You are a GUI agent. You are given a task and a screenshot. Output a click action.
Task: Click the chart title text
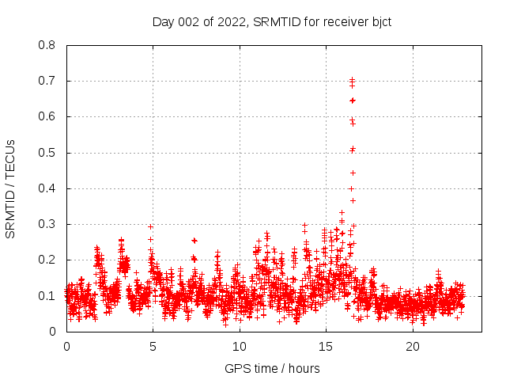pyautogui.click(x=272, y=21)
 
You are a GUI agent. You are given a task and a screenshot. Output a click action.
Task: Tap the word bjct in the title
pyautogui.click(x=379, y=21)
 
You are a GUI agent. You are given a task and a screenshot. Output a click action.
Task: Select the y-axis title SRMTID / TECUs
pyautogui.click(x=11, y=188)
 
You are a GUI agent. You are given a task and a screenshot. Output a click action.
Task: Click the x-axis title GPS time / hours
pyautogui.click(x=272, y=368)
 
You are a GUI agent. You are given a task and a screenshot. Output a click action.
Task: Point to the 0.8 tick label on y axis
pyautogui.click(x=47, y=45)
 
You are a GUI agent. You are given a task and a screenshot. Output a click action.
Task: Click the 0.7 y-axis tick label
pyautogui.click(x=47, y=81)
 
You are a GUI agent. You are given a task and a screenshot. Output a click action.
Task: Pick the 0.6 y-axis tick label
pyautogui.click(x=47, y=116)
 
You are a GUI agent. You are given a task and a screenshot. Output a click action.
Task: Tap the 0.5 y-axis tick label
pyautogui.click(x=47, y=153)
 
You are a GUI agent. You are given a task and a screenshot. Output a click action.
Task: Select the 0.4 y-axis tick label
pyautogui.click(x=47, y=188)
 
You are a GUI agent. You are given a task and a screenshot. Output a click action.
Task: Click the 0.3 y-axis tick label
pyautogui.click(x=47, y=224)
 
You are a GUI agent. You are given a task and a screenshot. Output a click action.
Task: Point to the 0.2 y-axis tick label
pyautogui.click(x=47, y=260)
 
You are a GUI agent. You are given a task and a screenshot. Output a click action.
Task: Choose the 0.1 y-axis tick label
pyautogui.click(x=47, y=296)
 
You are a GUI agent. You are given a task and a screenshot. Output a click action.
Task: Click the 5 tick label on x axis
pyautogui.click(x=153, y=347)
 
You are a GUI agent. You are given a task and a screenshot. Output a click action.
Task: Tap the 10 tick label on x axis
pyautogui.click(x=240, y=347)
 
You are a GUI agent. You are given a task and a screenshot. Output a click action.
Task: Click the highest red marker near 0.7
pyautogui.click(x=353, y=79)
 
